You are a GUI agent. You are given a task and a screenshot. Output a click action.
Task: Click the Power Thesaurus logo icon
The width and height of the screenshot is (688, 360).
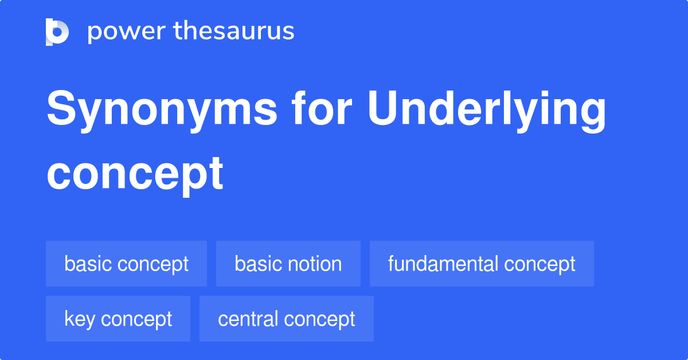click(57, 32)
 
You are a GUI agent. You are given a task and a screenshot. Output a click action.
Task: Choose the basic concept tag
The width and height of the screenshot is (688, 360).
click(126, 264)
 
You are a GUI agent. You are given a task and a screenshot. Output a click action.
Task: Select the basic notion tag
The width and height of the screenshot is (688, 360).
click(288, 264)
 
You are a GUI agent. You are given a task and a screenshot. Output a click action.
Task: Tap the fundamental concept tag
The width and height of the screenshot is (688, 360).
click(482, 264)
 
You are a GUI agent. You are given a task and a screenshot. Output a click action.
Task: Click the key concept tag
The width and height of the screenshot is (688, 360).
click(118, 319)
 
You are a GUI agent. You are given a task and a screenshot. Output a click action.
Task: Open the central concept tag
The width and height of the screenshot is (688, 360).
click(287, 319)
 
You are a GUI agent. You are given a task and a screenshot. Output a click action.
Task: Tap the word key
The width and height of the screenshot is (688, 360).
click(80, 319)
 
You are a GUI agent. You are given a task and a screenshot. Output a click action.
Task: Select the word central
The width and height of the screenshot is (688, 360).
click(248, 319)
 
